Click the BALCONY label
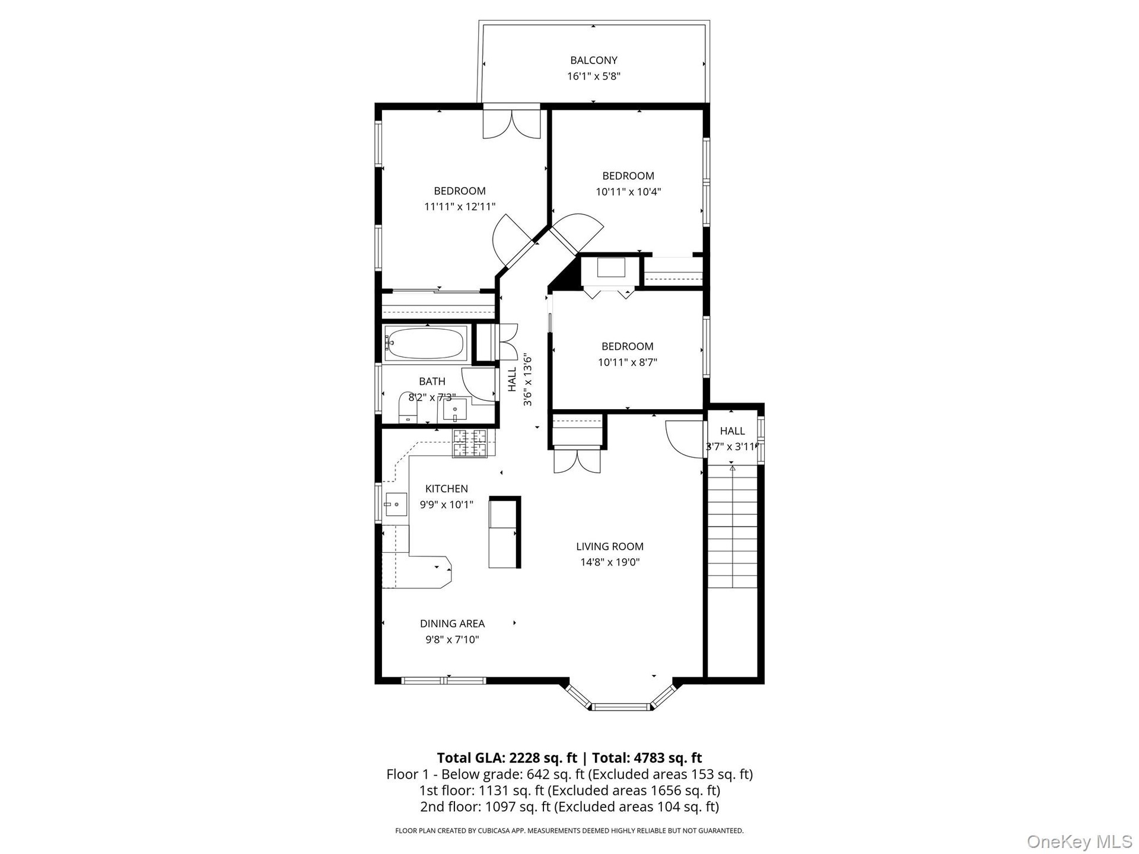pyautogui.click(x=594, y=60)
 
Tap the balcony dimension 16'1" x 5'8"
pyautogui.click(x=594, y=76)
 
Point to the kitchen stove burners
pyautogui.click(x=470, y=442)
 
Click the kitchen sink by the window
pyautogui.click(x=396, y=505)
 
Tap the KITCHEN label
pyautogui.click(x=447, y=489)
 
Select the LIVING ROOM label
pyautogui.click(x=610, y=546)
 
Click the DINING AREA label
pyautogui.click(x=453, y=623)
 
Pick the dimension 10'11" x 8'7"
pyautogui.click(x=628, y=362)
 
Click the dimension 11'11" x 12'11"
pyautogui.click(x=460, y=206)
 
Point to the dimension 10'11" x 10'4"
pyautogui.click(x=628, y=192)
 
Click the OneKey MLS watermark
pyautogui.click(x=1079, y=841)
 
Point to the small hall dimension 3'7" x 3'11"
pyautogui.click(x=732, y=447)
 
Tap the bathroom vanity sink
pyautogui.click(x=455, y=409)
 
